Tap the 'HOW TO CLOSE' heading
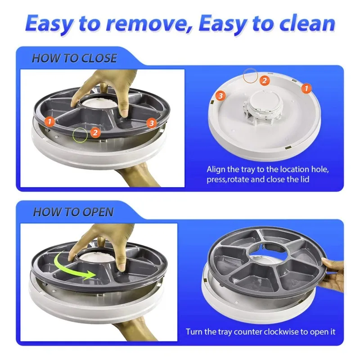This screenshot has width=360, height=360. click(x=74, y=58)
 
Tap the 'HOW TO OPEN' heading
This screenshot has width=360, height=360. click(x=73, y=212)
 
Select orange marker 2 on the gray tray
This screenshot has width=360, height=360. click(x=94, y=132)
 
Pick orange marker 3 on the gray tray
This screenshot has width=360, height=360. click(x=151, y=122)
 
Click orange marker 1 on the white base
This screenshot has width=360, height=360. click(x=305, y=89)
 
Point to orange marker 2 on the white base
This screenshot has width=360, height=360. click(x=265, y=81)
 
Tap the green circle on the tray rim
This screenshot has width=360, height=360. click(x=81, y=134)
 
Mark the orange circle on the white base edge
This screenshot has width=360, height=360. click(x=250, y=75)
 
